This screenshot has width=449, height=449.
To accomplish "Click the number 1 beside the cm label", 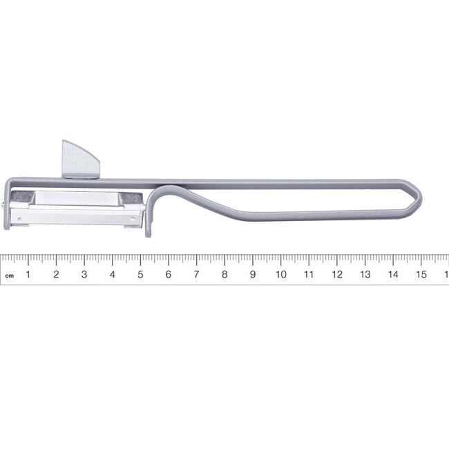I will point(28,274).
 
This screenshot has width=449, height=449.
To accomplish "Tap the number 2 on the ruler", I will point(56,274).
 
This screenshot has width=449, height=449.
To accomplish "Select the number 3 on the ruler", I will point(84,274).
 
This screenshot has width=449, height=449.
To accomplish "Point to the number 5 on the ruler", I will point(140,274).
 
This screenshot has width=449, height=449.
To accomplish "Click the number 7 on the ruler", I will point(196,274).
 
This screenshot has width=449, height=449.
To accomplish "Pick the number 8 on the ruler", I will point(224,274).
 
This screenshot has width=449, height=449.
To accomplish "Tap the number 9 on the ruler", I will point(253,274).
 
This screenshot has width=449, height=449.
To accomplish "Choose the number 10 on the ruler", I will point(280,274).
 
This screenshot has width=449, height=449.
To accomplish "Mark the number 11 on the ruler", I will point(309,274).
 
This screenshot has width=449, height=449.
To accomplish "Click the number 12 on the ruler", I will point(337,274).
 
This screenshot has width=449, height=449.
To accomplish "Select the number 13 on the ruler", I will point(365,274).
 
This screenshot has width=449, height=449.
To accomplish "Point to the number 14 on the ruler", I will point(393,274).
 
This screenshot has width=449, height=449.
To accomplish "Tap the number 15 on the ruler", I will point(421,274).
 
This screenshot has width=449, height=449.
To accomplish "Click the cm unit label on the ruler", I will point(9,276).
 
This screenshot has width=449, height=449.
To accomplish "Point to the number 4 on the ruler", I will point(112,274).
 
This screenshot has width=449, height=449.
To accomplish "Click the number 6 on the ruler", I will point(169,274).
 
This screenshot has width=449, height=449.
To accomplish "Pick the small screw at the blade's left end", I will point(6,204).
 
